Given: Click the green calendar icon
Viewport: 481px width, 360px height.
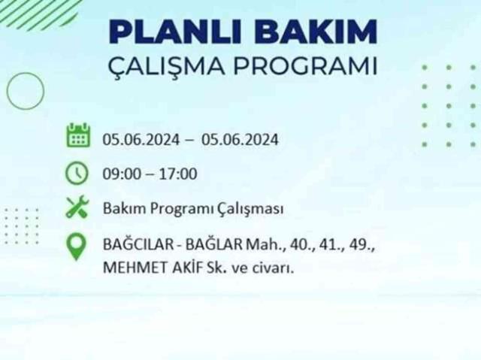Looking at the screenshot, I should [x=77, y=138].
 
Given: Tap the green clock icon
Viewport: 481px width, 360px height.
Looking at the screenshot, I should [x=77, y=173].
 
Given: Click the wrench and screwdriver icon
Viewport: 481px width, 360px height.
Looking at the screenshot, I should [x=77, y=207].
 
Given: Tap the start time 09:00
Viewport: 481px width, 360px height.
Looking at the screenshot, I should [x=120, y=174].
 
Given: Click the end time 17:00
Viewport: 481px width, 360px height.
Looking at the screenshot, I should [x=180, y=174].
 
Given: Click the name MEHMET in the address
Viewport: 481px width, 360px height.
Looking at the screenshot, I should [x=128, y=265].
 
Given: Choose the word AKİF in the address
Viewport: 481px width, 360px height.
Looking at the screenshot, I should [x=179, y=265].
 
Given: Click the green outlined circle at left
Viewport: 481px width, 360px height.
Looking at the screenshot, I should [x=25, y=91].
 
